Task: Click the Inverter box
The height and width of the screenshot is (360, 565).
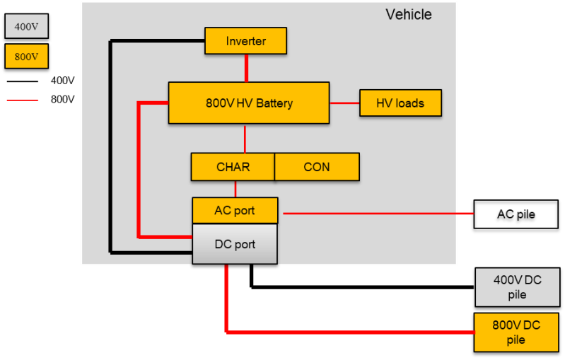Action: coord(245,41)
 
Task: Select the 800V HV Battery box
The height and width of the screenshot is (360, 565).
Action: coord(249,103)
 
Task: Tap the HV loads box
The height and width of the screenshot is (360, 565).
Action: coord(400,103)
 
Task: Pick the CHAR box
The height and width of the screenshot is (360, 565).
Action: coord(233,167)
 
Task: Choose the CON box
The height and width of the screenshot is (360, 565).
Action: coord(317,167)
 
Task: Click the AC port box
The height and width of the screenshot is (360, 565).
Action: coord(235,210)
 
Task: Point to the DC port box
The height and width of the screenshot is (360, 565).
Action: coord(235,245)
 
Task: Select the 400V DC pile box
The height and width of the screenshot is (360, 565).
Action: coord(517,287)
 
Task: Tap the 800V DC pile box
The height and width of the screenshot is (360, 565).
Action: coord(516,331)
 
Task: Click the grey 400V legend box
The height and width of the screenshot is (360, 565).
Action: coord(26,26)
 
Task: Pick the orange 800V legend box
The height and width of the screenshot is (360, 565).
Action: coord(26,57)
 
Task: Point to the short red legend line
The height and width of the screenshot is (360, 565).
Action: coord(23,100)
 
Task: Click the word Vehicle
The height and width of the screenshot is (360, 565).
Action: coord(408,15)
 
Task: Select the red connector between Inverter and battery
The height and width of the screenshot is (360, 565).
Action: coord(246,68)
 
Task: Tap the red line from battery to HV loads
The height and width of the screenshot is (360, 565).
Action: coord(344,103)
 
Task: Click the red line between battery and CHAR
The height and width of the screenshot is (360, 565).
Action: coord(245,139)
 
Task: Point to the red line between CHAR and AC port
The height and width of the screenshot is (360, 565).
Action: coord(235,189)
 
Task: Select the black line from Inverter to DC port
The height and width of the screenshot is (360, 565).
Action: coord(110,141)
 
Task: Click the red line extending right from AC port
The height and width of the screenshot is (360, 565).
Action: coord(375,212)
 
